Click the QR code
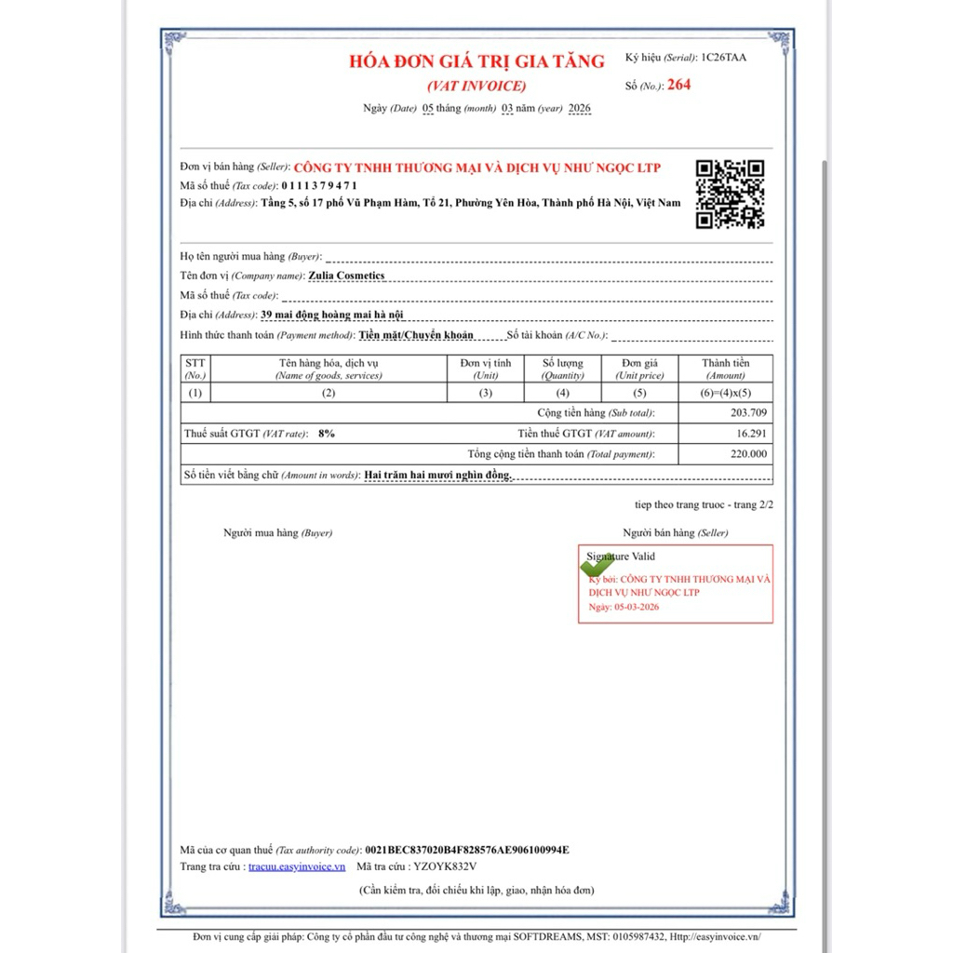731,194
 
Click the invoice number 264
679,85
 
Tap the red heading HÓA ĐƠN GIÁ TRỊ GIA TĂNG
476,62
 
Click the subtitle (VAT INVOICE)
476,86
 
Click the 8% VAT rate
327,434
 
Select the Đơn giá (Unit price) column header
639,369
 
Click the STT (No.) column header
195,369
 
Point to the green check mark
597,564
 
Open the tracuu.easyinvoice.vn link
297,866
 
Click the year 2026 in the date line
579,109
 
